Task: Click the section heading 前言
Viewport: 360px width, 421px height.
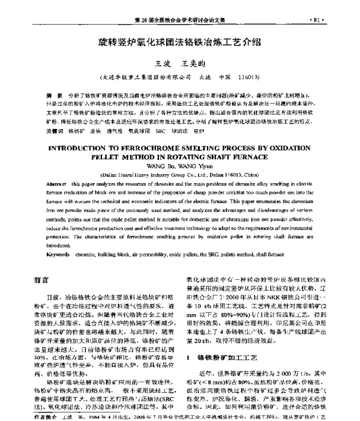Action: click(x=41, y=262)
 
